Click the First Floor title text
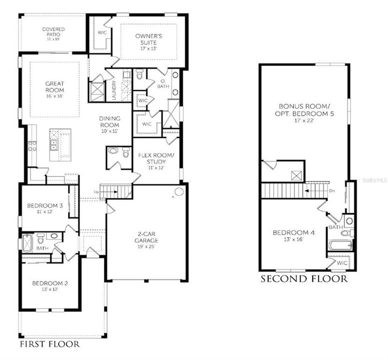pyautogui.click(x=49, y=345)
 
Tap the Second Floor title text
pyautogui.click(x=304, y=279)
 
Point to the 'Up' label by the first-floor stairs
pyautogui.click(x=96, y=192)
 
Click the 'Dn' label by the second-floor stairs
pyautogui.click(x=331, y=191)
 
